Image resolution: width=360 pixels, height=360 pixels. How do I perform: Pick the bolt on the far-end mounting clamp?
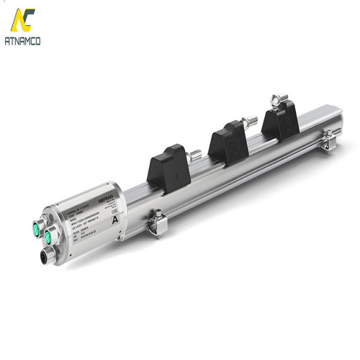(325, 131)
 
